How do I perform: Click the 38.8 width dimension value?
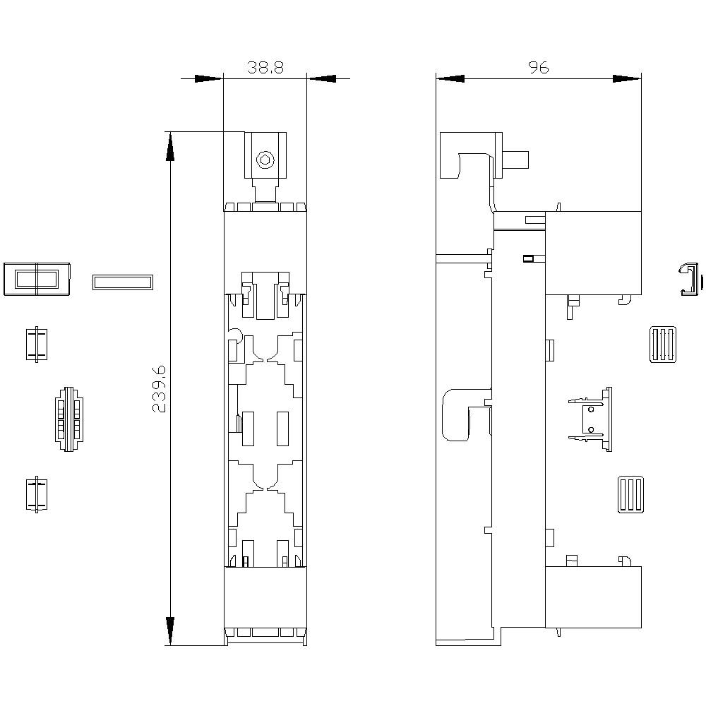click(x=265, y=68)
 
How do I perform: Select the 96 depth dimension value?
click(x=538, y=68)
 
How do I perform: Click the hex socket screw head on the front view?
click(x=265, y=160)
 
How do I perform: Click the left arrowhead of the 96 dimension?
click(x=450, y=78)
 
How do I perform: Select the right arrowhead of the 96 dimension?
click(x=626, y=78)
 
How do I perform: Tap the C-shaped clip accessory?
click(x=690, y=280)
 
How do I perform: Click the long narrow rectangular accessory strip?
click(x=122, y=282)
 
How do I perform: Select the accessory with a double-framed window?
click(x=37, y=279)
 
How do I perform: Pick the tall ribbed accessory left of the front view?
click(x=68, y=418)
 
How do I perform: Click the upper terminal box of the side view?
click(x=593, y=253)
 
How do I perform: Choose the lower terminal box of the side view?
click(x=593, y=597)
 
